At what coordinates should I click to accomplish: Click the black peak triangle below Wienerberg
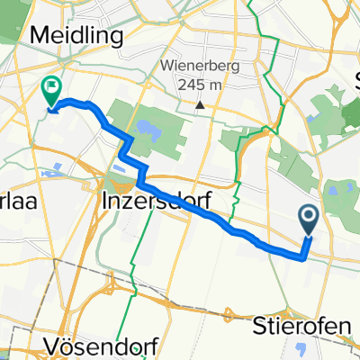coord(200,105)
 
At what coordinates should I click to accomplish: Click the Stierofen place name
coord(293,322)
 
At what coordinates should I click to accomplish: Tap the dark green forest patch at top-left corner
coord(8,22)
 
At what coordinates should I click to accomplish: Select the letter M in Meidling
coord(40,35)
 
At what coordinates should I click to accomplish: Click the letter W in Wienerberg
coord(166,66)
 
